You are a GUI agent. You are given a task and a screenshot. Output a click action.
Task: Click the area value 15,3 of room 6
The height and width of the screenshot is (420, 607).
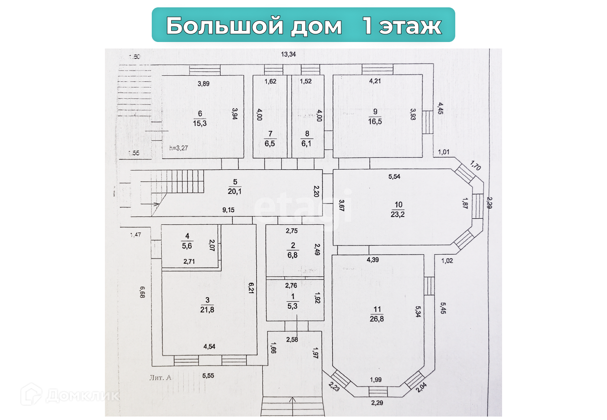pos(200,123)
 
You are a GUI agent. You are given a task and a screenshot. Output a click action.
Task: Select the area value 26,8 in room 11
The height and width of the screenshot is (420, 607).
pos(377,319)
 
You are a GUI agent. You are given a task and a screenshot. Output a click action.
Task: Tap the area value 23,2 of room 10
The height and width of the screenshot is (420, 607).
pos(398,214)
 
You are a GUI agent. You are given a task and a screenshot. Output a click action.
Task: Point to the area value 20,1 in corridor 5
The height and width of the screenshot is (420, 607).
pos(235,191)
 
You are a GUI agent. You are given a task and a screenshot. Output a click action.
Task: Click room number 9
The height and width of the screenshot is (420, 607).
pos(375,112)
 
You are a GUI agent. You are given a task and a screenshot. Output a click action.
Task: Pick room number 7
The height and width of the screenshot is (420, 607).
pos(270,134)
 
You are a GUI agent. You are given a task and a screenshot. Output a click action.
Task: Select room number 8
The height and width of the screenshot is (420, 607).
pos(307,134)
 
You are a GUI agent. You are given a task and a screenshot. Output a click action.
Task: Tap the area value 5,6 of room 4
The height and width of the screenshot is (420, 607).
pos(187,246)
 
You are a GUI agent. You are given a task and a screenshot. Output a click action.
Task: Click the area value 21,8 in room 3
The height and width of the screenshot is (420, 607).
pos(207,310)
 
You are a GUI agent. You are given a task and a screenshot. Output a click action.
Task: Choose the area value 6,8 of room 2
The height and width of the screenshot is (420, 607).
pos(293,255)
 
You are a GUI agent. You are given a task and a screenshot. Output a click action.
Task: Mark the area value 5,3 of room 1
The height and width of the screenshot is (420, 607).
pos(293,306)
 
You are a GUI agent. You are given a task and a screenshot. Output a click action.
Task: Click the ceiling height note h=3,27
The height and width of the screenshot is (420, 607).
pos(179,148)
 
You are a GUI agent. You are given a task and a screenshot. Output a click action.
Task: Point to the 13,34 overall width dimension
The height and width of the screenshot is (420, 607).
pos(288,54)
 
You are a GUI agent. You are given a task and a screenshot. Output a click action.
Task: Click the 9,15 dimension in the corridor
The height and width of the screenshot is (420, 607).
pos(228,210)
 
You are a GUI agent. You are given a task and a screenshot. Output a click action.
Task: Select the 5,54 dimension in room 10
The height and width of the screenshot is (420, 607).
pos(394,177)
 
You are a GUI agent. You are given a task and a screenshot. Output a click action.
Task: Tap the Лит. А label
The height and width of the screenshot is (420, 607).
pos(160,378)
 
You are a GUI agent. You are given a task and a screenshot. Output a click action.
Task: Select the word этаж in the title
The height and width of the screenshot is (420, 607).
pos(410,26)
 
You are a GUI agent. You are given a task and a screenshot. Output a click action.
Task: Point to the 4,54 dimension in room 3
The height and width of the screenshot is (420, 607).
pos(209,346)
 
